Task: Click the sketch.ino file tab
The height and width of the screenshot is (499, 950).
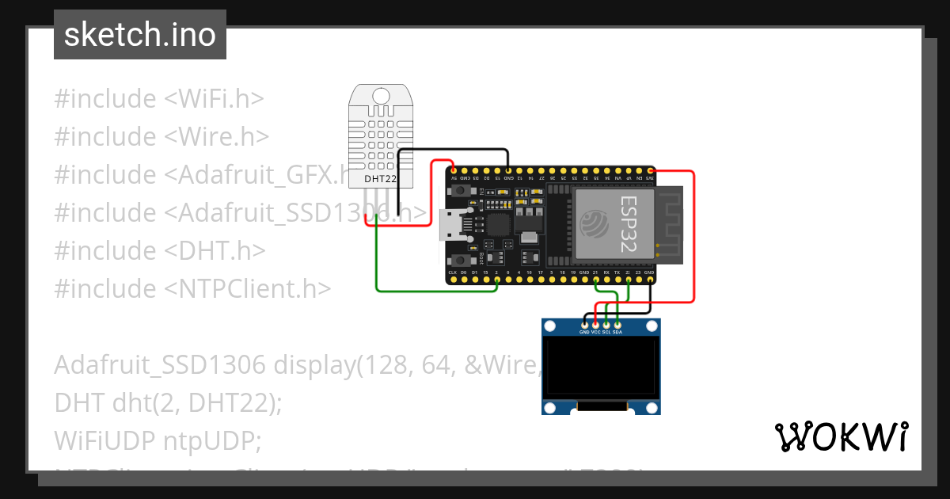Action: pos(140,35)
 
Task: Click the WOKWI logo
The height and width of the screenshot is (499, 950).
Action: pos(841,436)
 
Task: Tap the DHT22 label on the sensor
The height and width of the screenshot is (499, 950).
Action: pos(379,178)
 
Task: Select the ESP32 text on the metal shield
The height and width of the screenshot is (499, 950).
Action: pos(629,224)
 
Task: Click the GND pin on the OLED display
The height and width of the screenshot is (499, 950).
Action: pos(585,324)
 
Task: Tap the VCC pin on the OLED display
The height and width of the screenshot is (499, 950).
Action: pos(595,324)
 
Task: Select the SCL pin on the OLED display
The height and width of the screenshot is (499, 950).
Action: pos(606,324)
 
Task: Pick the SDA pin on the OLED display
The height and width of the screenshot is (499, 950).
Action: pos(617,324)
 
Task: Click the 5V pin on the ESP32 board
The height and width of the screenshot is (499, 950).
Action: pos(453,170)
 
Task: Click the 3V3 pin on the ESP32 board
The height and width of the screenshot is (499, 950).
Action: pos(650,170)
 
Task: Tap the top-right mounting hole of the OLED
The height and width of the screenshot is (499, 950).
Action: pos(652,326)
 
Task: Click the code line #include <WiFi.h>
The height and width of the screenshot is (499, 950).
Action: pos(158,99)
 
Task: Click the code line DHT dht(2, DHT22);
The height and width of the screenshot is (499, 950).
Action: pos(168,402)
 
